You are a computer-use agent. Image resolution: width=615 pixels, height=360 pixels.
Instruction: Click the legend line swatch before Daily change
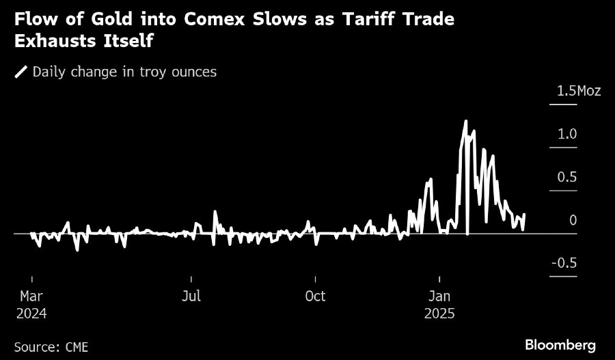click(x=21, y=72)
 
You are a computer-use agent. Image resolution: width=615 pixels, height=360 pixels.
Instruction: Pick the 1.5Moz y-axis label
click(x=578, y=90)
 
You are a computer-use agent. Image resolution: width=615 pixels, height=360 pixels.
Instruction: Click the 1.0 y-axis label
click(x=567, y=134)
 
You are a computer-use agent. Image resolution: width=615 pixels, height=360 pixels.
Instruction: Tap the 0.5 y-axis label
click(x=567, y=177)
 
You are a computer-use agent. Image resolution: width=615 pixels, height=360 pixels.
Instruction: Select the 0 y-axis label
click(x=573, y=220)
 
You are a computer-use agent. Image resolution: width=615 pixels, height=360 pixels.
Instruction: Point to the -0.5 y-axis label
click(x=564, y=263)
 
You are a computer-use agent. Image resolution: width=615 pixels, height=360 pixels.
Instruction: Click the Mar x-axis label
click(x=32, y=296)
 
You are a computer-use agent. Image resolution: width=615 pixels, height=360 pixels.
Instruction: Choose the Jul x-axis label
click(x=191, y=296)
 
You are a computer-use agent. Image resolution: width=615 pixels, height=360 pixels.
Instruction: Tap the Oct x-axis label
click(x=315, y=296)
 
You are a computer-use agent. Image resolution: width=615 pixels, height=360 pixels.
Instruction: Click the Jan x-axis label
click(x=439, y=296)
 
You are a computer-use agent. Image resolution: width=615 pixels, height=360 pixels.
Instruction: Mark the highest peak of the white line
click(x=465, y=122)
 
